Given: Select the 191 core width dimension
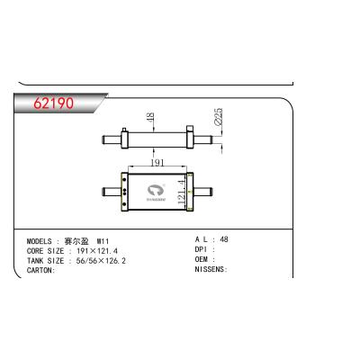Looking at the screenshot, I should point(157,163).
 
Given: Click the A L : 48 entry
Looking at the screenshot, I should point(212,241).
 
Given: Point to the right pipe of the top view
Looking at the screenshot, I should point(211,140).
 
